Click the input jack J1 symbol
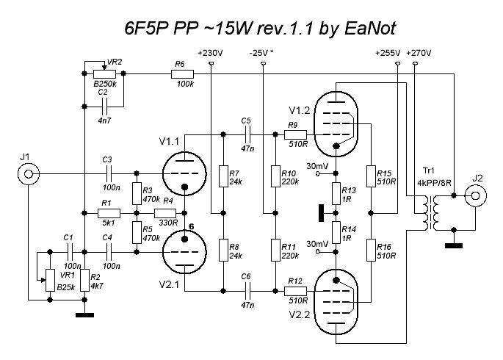28,175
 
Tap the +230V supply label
210,53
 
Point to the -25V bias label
262,53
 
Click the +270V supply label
419,53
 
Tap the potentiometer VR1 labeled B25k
50,278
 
